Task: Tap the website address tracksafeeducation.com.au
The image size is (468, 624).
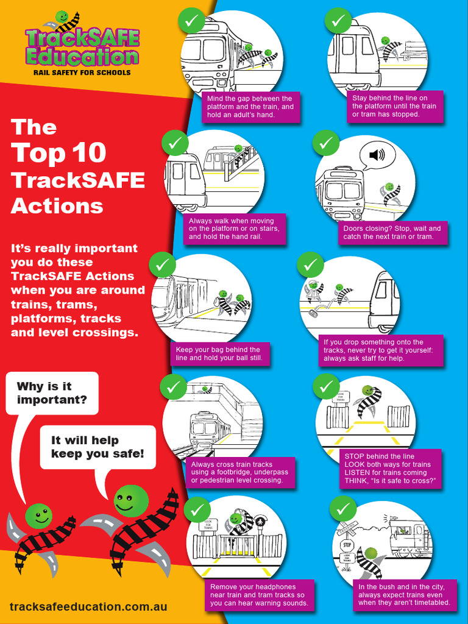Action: pos(88,607)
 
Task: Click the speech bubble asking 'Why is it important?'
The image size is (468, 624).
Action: pos(52,393)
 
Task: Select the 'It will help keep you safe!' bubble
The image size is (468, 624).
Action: pos(97,447)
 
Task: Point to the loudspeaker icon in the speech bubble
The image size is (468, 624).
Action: pos(377,155)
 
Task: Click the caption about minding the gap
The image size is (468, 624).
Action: pos(250,107)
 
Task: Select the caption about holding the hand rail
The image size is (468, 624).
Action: pos(234,229)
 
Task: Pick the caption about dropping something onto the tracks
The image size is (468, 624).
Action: pos(381,350)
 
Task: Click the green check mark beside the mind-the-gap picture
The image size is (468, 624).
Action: pos(191,21)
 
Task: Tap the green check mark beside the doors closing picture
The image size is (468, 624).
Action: pos(325,143)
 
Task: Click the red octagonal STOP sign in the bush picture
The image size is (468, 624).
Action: pos(347,545)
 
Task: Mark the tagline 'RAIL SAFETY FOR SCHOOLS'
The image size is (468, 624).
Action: pos(82,73)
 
